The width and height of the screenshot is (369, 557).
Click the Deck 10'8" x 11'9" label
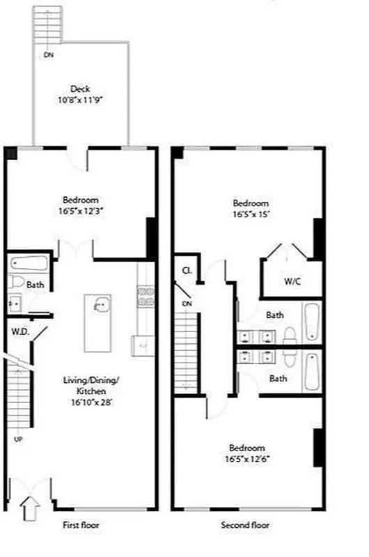point(80,94)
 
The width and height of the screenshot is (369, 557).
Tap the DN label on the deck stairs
point(48,54)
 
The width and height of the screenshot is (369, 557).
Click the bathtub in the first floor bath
point(29,264)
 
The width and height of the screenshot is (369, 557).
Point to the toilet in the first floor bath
point(17,283)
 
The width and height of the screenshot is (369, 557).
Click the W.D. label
point(18,331)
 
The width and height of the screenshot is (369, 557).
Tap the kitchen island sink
point(100,304)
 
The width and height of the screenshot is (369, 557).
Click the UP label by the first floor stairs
point(18,439)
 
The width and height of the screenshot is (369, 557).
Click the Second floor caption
point(245,526)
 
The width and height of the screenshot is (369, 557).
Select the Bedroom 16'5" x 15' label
point(250,208)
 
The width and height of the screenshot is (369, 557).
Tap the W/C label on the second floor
point(292,281)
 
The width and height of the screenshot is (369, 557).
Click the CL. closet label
point(187,271)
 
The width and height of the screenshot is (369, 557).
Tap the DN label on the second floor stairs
point(186,304)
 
